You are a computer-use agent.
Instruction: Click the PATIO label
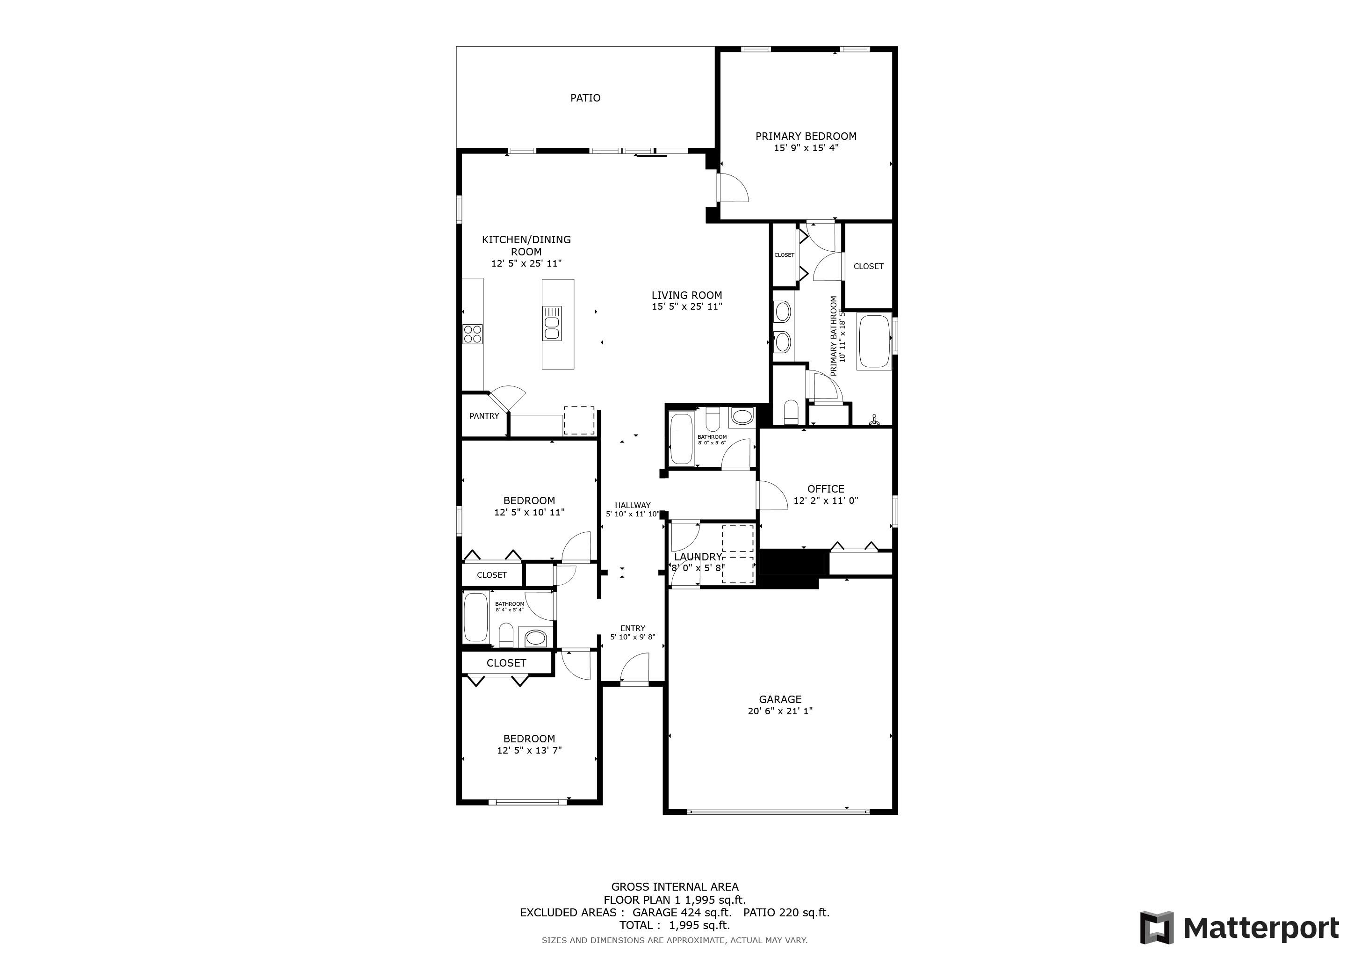(x=585, y=98)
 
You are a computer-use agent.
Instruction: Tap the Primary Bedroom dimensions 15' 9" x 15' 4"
(x=806, y=148)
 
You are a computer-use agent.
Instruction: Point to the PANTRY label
(x=484, y=416)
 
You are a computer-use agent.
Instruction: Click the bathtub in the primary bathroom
(x=874, y=342)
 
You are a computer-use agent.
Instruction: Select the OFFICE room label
(x=826, y=488)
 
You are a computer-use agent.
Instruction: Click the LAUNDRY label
(x=698, y=556)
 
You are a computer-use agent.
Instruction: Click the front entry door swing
(x=634, y=668)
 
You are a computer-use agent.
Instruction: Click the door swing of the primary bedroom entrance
(x=733, y=188)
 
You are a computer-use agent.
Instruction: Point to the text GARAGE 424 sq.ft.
(x=682, y=913)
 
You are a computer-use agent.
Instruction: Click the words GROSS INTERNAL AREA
(x=675, y=886)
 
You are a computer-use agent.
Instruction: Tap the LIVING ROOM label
(x=686, y=295)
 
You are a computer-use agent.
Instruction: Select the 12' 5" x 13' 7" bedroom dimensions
(x=529, y=750)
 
